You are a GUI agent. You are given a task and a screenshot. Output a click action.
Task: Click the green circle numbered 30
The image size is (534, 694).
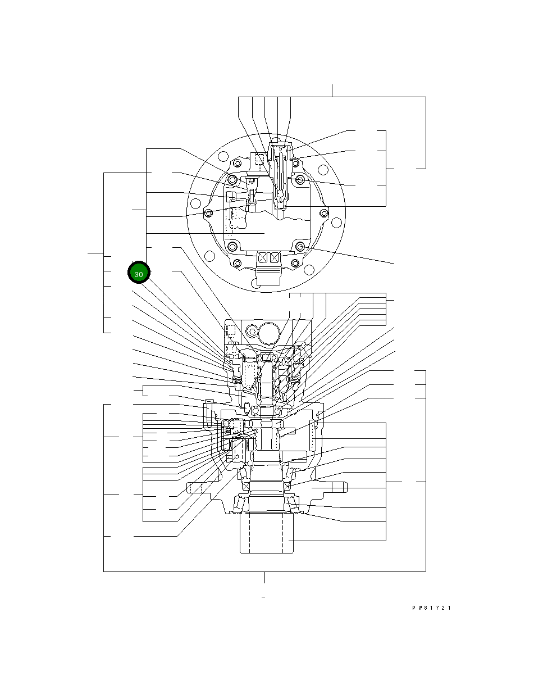[139, 274]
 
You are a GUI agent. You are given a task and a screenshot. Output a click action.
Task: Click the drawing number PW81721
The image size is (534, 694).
[432, 608]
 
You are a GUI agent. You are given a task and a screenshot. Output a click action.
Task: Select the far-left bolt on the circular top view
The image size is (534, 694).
[208, 213]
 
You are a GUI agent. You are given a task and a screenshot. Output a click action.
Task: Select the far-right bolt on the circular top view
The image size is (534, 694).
[323, 213]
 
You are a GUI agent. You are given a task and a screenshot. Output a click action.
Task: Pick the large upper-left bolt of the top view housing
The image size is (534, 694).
[232, 179]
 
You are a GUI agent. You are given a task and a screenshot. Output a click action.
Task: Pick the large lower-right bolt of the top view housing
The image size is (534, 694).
[300, 247]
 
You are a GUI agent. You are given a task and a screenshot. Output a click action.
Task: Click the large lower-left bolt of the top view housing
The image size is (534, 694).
[232, 247]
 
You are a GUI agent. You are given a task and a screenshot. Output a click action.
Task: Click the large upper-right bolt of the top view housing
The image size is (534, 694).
[300, 179]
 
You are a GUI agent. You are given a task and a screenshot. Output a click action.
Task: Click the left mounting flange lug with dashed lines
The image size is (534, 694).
[194, 487]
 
